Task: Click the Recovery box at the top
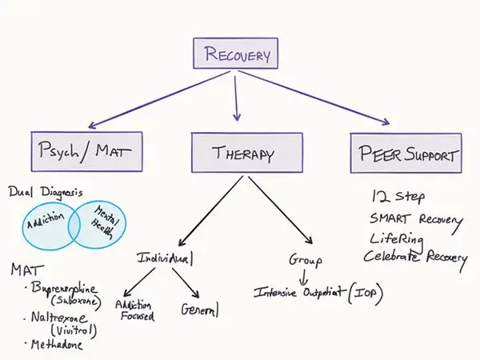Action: coord(238,54)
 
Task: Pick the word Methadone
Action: coord(56,345)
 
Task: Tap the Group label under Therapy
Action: coord(305,261)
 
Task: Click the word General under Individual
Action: coord(200,309)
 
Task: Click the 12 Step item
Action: coord(398,197)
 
